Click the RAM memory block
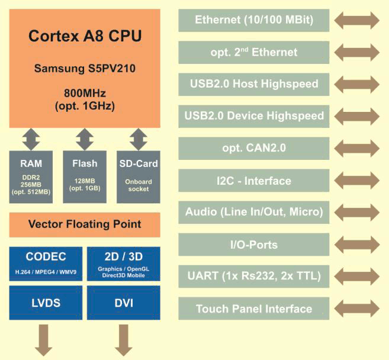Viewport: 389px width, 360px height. (31, 177)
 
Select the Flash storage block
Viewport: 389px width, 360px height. (85, 177)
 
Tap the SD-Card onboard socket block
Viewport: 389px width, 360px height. (139, 177)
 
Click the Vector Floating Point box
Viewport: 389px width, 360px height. (85, 225)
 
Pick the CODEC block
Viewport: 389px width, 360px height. (46, 263)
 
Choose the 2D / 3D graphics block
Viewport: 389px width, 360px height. (124, 263)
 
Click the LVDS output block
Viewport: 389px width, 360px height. (46, 303)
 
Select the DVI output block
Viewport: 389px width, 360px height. (124, 303)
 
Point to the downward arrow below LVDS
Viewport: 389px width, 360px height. (44, 340)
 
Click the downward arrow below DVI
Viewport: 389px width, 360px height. (124, 340)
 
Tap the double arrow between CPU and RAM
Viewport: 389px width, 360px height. (31, 139)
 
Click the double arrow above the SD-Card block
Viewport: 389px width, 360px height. (139, 139)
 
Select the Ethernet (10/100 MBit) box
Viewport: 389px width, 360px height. (254, 20)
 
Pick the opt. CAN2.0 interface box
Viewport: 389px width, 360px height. (254, 149)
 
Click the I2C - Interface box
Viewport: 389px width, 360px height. (254, 181)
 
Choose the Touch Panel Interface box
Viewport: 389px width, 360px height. (254, 308)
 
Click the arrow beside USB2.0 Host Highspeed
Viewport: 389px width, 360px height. (357, 84)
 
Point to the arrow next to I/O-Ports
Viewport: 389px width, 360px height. (357, 245)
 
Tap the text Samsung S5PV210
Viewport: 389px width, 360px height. (85, 69)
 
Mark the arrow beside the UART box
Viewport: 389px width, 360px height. (357, 277)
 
